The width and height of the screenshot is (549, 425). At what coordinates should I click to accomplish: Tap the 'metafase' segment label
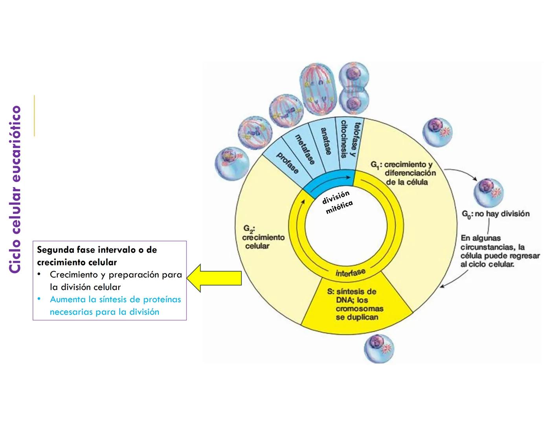(305, 149)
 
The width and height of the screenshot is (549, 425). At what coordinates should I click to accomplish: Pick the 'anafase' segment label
(326, 141)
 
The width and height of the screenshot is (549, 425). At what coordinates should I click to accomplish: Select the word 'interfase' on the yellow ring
(350, 273)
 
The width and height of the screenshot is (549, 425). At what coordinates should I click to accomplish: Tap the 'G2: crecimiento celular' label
(263, 237)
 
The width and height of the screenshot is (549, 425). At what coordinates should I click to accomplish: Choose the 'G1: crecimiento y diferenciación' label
(403, 173)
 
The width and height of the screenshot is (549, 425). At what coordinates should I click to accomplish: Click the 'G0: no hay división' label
(495, 214)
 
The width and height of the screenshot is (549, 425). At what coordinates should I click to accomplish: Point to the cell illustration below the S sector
(379, 348)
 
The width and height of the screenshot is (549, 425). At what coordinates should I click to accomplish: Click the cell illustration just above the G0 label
(488, 192)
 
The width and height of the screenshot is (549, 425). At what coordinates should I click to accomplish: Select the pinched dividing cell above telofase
(354, 87)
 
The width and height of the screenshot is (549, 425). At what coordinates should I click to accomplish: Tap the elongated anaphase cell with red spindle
(318, 90)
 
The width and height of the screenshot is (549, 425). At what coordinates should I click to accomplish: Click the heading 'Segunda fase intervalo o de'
(97, 250)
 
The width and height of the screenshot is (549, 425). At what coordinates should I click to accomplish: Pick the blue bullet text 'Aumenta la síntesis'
(115, 299)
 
